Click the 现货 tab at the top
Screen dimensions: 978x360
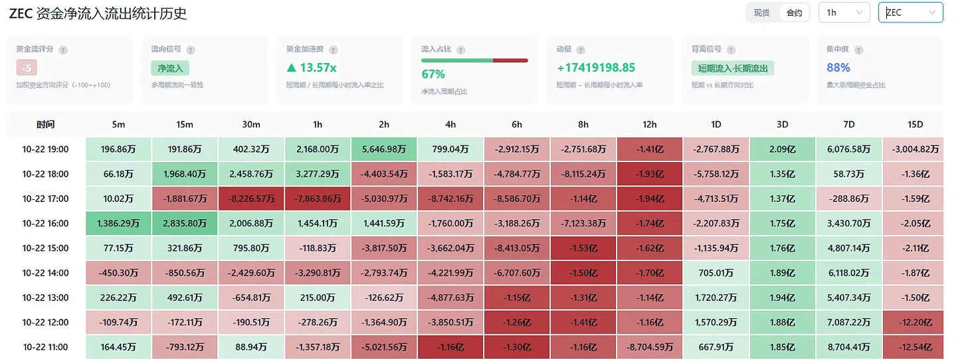[762, 13]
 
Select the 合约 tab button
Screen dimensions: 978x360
[794, 13]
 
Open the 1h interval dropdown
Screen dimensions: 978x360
[844, 13]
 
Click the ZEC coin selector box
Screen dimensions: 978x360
[911, 13]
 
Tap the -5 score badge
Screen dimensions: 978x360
[27, 68]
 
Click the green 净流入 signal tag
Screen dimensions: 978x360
[170, 68]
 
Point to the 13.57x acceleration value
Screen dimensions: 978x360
[312, 68]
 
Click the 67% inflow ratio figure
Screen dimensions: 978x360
[433, 74]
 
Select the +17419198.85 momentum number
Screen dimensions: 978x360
[596, 68]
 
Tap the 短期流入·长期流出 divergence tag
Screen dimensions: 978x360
[733, 68]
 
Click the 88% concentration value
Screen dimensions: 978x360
[838, 68]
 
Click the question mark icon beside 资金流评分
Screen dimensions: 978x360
[63, 50]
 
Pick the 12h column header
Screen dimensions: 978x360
[649, 124]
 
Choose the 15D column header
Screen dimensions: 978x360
[915, 124]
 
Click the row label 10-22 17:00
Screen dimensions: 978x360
[45, 199]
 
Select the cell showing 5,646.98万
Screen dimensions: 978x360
[384, 149]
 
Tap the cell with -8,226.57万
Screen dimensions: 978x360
[251, 199]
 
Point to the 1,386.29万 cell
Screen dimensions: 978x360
[118, 223]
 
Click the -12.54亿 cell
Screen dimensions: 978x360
[915, 347]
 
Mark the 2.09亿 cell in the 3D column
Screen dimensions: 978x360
[783, 149]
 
